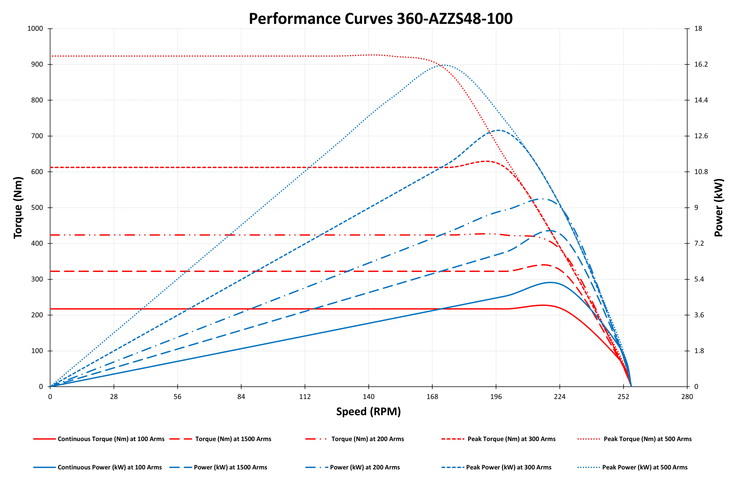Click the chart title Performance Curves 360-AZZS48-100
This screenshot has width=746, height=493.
pos(380,19)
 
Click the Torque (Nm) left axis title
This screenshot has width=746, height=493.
pos(18,207)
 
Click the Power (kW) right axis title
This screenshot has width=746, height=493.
pos(719,207)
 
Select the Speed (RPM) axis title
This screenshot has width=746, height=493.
pos(368,412)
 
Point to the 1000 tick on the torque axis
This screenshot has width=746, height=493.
pos(35,29)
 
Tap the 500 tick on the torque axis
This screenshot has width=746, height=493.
pos(37,207)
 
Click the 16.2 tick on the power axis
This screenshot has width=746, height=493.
pos(701,64)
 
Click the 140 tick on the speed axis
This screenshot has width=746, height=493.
pos(368,397)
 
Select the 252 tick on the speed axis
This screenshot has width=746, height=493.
pos(623,397)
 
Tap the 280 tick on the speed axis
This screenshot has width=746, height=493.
pos(687,397)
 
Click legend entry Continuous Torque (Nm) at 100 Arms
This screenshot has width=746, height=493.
pos(111,439)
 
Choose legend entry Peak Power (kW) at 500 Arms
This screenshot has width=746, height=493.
pos(645,467)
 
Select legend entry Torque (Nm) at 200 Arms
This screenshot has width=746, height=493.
pos(367,439)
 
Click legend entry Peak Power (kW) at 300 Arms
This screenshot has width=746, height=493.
pos(508,467)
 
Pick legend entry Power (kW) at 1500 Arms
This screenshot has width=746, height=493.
pos(230,467)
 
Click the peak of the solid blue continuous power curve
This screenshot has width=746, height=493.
pos(550,282)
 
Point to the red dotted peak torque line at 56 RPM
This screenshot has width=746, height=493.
pos(178,56)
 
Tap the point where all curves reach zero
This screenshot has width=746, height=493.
pos(631,386)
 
